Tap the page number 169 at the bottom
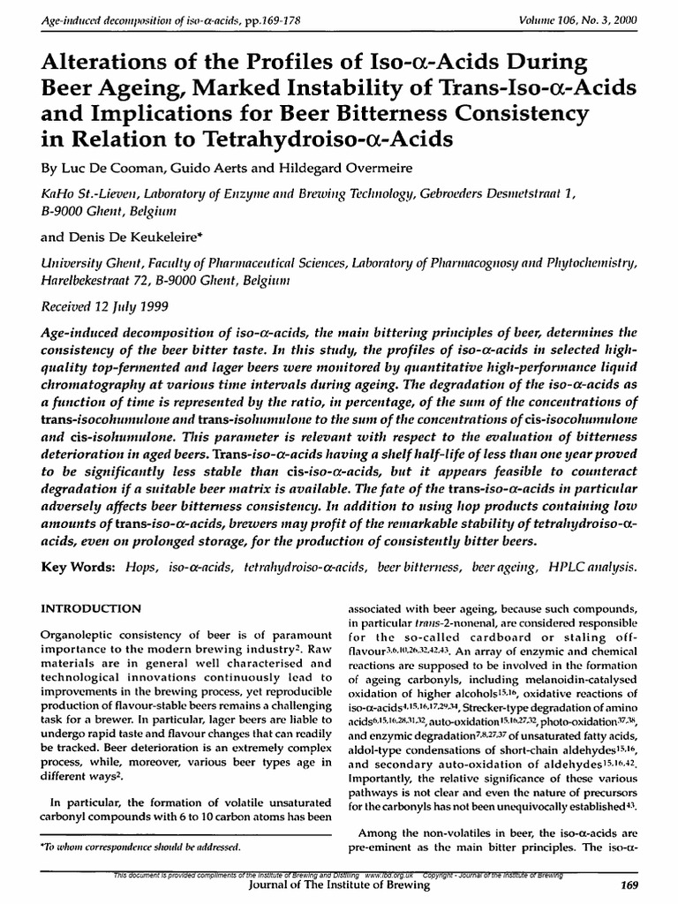coord(629,885)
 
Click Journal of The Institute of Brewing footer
coord(339,885)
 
